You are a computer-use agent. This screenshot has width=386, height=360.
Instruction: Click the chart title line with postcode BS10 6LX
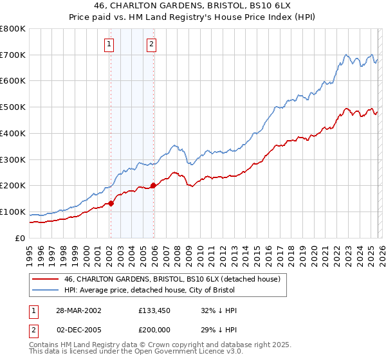(192, 7)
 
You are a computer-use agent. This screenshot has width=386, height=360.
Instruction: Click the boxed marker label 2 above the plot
(151, 44)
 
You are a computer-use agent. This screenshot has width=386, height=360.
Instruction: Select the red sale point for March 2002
(111, 203)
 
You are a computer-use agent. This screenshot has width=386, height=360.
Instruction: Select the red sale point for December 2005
(153, 186)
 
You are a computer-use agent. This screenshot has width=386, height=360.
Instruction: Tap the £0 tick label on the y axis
(19, 238)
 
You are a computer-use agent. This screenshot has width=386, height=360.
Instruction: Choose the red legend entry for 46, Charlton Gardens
(172, 280)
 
